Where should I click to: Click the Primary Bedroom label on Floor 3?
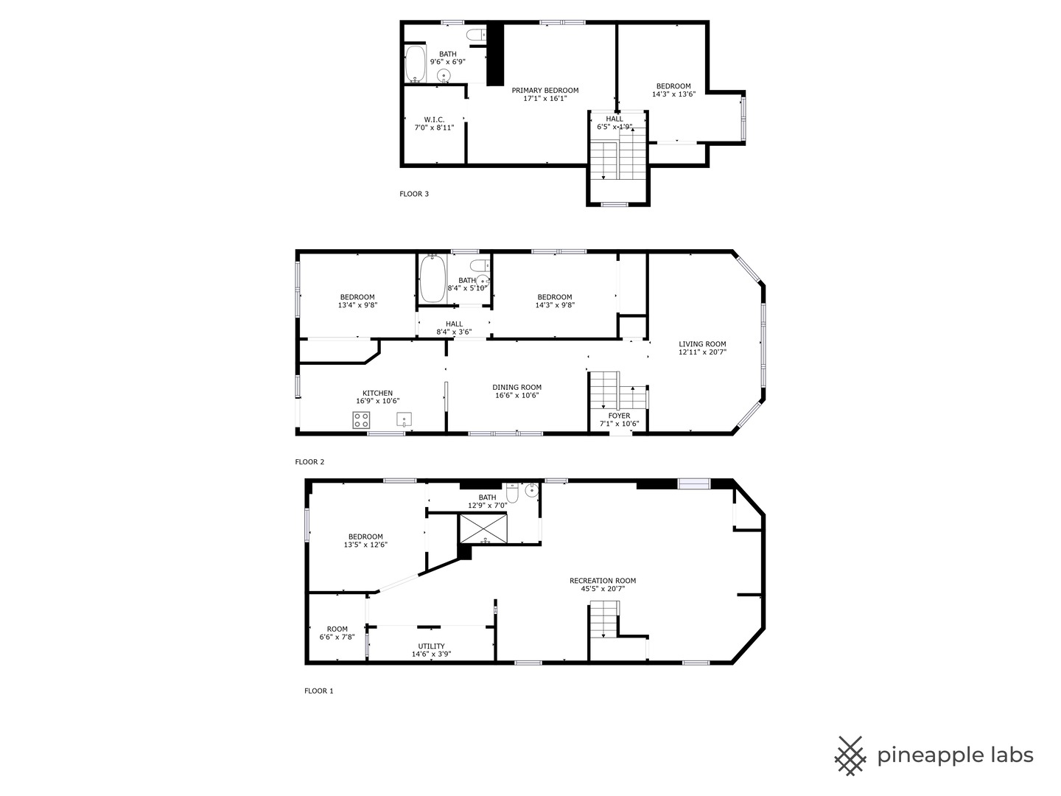coord(545,91)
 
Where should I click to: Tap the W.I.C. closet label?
coord(434,119)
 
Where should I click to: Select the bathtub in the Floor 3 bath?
coord(415,64)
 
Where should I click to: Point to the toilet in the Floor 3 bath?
coord(475,34)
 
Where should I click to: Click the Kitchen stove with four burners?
coord(361,420)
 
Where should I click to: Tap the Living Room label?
coord(702,344)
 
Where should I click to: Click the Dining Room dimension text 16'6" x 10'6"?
coord(517,396)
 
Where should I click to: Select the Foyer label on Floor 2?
coord(619,416)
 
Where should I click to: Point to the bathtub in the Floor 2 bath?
coord(432,279)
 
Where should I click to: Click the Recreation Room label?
coord(602,581)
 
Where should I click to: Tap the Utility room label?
coord(431,646)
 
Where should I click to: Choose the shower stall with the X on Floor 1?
coord(483,528)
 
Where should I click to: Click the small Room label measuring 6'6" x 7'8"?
coord(337,629)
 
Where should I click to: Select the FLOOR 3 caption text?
coord(413,194)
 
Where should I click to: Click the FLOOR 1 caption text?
coord(318,691)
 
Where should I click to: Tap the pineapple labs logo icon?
coord(850,755)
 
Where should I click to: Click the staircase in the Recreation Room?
coord(603,619)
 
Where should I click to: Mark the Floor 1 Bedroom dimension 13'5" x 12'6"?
coord(365,545)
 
